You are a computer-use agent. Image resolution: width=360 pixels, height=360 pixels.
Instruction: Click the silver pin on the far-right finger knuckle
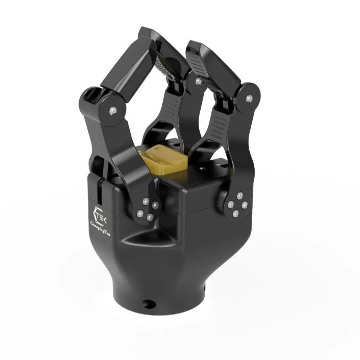pyautogui.click(x=249, y=99)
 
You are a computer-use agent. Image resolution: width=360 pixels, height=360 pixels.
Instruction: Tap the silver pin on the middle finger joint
pyautogui.click(x=198, y=81)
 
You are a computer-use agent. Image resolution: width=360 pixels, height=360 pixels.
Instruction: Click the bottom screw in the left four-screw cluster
pyautogui.click(x=150, y=218)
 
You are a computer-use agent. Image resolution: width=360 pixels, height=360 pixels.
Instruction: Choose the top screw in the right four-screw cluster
pyautogui.click(x=239, y=195)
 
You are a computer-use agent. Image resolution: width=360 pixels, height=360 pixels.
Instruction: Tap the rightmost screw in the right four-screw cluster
pyautogui.click(x=245, y=205)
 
